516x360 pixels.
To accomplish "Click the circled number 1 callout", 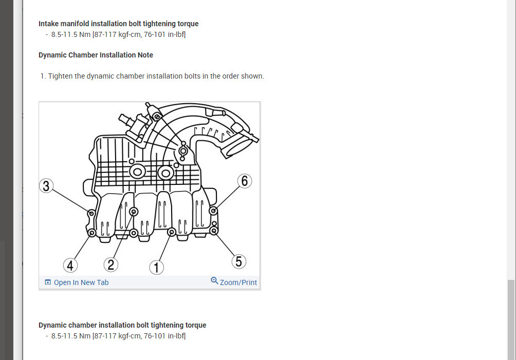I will (156, 268).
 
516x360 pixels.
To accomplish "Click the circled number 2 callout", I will (110, 265).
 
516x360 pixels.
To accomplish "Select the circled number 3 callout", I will (46, 186).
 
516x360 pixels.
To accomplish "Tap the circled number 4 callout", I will (70, 266).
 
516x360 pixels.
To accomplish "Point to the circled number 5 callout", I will (238, 261).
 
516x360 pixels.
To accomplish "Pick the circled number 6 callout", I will (245, 181).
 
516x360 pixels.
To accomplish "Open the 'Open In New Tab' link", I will (81, 282).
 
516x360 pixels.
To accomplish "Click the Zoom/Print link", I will (238, 282).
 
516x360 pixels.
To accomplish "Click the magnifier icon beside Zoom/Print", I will (214, 281).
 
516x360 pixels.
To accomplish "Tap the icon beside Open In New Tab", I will (48, 282).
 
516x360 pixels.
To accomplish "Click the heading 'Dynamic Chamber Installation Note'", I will (96, 55).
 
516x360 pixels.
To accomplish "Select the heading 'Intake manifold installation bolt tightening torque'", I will (118, 24).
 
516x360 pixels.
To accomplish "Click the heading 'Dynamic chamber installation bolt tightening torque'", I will (122, 325).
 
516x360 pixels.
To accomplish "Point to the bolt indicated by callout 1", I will (171, 232).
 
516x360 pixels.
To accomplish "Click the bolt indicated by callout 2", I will (134, 212).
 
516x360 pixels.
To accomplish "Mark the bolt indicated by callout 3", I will (91, 213).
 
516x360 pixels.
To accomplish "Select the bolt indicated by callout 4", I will (92, 233).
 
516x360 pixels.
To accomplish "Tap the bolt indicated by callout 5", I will (213, 231).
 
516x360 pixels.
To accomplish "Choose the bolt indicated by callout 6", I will (213, 210).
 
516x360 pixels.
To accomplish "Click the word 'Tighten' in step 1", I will (60, 76).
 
